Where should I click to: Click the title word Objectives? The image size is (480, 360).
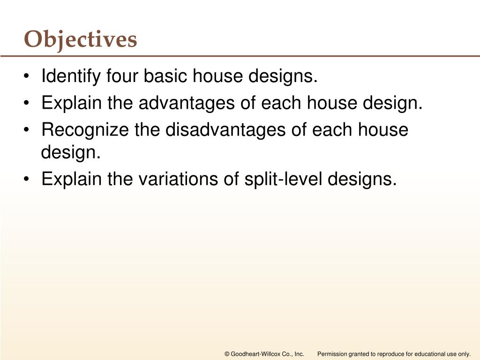pyautogui.click(x=81, y=39)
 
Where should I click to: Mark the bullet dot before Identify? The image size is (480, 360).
pyautogui.click(x=30, y=76)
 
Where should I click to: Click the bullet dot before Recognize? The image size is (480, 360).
pyautogui.click(x=30, y=130)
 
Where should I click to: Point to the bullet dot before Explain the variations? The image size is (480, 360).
pyautogui.click(x=30, y=179)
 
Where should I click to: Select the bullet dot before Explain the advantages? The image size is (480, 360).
pyautogui.click(x=30, y=103)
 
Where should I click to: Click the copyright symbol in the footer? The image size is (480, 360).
pyautogui.click(x=227, y=354)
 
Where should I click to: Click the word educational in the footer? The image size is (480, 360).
pyautogui.click(x=428, y=354)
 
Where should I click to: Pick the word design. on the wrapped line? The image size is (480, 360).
pyautogui.click(x=71, y=153)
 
